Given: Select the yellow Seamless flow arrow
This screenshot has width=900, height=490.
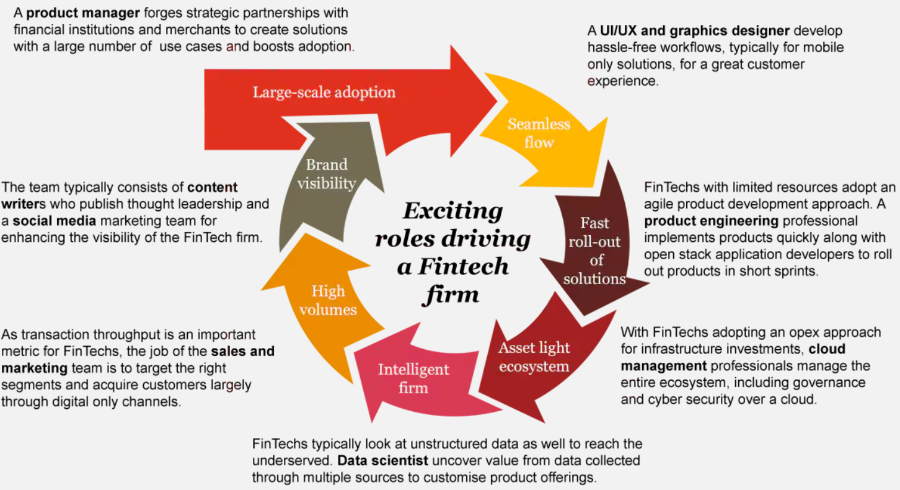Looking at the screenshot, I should [538, 133].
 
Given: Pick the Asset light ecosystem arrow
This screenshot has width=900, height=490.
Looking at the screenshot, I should [534, 357].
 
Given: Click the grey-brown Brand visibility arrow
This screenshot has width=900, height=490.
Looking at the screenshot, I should [327, 174].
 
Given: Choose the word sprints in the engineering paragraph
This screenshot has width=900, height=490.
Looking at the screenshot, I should [798, 271].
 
